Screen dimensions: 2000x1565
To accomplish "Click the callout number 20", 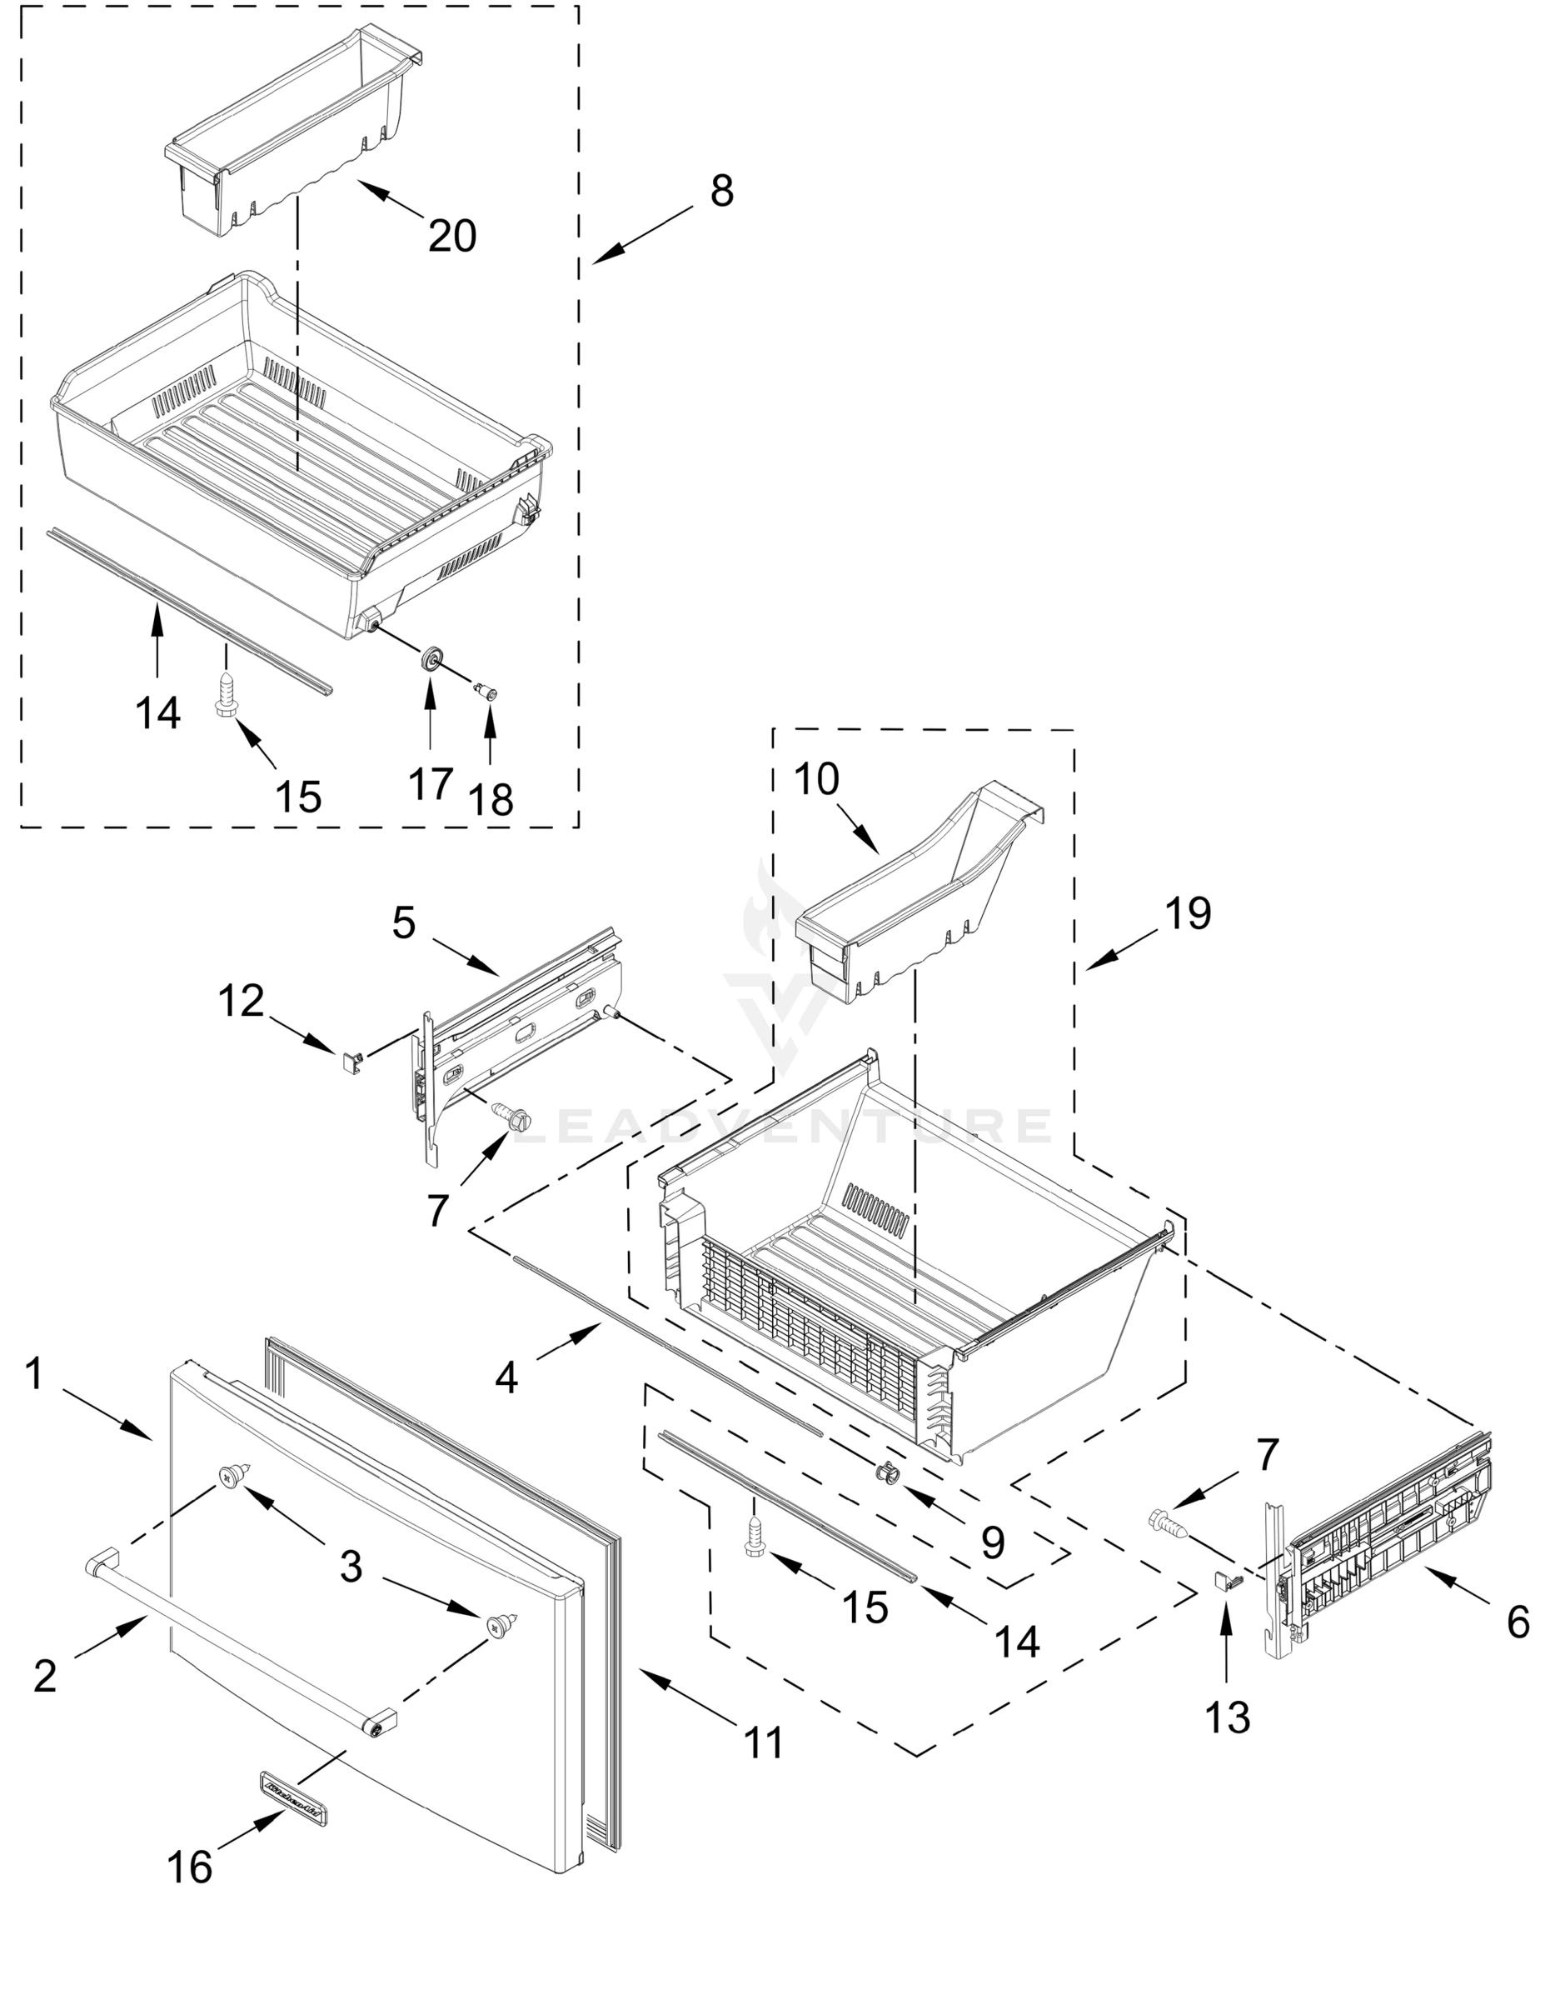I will click(452, 237).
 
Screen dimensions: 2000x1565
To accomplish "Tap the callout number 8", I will click(722, 192).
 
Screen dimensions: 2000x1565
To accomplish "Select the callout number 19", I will click(1189, 913).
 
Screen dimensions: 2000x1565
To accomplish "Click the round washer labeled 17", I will click(431, 658).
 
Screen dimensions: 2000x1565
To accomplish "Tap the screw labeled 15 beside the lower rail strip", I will click(755, 1540).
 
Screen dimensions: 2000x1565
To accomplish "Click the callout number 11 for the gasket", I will click(763, 1742).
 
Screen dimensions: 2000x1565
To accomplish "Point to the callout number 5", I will click(404, 924).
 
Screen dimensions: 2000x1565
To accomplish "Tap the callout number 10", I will click(815, 780).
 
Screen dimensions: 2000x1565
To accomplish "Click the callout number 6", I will click(1518, 1623).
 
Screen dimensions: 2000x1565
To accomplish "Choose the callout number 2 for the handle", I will click(45, 1676).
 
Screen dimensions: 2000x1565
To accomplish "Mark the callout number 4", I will click(506, 1377).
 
